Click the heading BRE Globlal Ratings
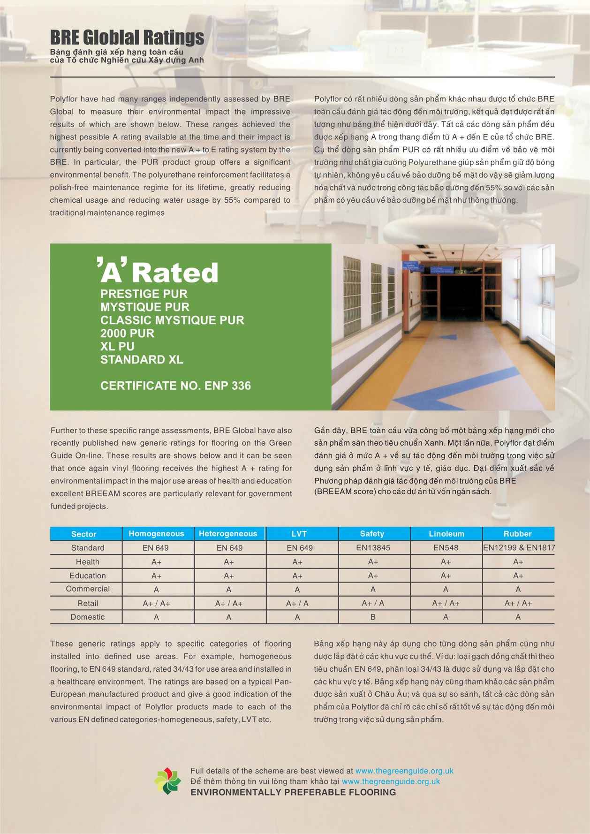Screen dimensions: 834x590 (x=127, y=37)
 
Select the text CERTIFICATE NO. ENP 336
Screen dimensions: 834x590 (x=175, y=386)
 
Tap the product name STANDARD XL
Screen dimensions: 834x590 (x=142, y=360)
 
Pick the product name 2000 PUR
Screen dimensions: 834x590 (x=127, y=334)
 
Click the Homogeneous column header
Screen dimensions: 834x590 (x=156, y=534)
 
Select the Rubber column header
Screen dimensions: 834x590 (x=517, y=534)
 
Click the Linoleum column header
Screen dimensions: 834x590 (x=446, y=534)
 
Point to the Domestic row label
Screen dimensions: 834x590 (x=87, y=617)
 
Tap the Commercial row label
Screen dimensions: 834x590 (x=88, y=589)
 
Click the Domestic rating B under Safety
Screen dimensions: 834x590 (x=373, y=617)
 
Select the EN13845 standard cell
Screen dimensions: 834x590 (x=373, y=547)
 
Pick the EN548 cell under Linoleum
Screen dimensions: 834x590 (x=446, y=547)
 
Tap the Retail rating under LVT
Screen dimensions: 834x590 (x=297, y=603)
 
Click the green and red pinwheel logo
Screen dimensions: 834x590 (x=167, y=781)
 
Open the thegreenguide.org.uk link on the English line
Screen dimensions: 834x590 (x=404, y=771)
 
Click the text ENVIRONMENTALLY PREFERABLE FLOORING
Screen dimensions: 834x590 (x=293, y=792)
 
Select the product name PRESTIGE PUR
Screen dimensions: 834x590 (x=144, y=294)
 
